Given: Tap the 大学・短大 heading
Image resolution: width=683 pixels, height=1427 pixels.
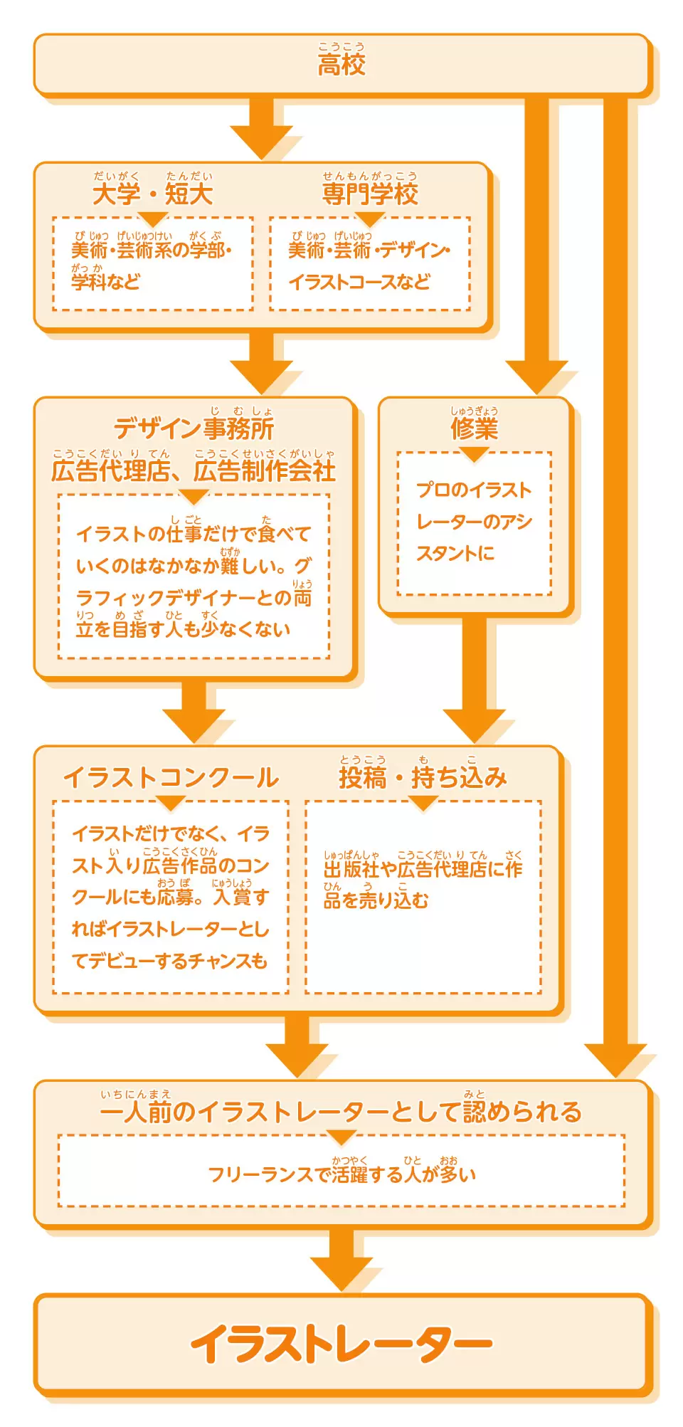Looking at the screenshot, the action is click(x=152, y=194).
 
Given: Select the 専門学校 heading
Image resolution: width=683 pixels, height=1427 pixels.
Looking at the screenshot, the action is click(x=370, y=194).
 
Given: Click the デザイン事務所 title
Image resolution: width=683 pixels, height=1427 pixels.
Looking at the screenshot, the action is click(x=194, y=428).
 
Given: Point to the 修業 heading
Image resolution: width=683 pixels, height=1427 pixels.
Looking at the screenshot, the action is click(x=474, y=428).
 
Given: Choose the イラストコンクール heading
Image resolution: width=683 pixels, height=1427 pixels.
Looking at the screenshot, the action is click(x=171, y=777).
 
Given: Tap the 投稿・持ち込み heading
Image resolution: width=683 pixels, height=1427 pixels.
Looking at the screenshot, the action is click(x=423, y=777).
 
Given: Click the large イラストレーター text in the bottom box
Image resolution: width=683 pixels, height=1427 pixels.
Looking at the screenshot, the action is click(x=341, y=1344).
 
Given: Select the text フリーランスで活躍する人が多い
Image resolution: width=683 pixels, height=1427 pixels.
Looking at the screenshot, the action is click(x=341, y=1174).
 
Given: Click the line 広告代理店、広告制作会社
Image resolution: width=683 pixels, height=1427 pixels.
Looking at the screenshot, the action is click(x=194, y=470).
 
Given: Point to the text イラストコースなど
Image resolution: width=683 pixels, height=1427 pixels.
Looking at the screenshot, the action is click(x=359, y=282).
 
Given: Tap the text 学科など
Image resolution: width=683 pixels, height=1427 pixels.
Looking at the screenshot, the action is click(x=105, y=282).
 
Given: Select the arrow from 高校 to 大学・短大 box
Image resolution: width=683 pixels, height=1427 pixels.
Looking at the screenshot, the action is click(x=262, y=128).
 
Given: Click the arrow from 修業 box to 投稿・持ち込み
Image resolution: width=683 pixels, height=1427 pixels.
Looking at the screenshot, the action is click(x=474, y=680).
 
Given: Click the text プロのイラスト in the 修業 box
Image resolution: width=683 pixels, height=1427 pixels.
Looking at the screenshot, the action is click(x=474, y=490).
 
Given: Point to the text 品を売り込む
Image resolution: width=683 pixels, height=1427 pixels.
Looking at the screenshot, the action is click(x=376, y=900).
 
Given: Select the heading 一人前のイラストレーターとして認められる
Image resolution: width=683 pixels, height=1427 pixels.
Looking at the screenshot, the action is click(x=341, y=1112).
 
